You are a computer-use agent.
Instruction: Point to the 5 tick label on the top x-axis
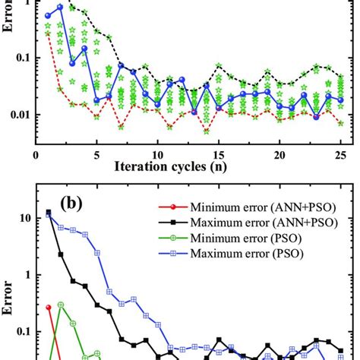[x=96, y=153]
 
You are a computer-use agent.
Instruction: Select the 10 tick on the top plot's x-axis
[x=157, y=153]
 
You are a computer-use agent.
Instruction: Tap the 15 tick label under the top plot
[x=219, y=153]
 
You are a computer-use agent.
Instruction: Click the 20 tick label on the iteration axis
[x=280, y=153]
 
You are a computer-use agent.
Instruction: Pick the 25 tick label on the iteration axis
[x=341, y=153]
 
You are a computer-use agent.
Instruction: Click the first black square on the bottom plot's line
[x=49, y=213]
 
